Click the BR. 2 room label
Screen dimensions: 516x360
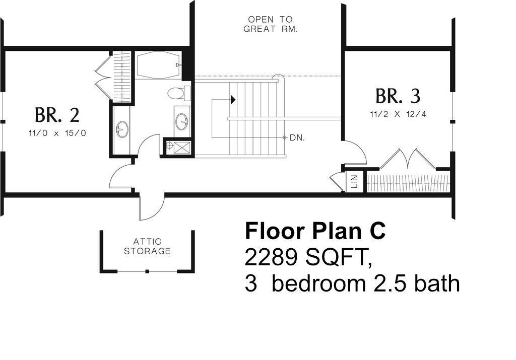tap(57, 115)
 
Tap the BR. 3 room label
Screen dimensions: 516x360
tap(398, 96)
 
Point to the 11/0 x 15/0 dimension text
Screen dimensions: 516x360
tap(57, 133)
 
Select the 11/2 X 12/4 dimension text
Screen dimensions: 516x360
tap(398, 114)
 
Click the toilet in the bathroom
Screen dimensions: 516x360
tap(179, 93)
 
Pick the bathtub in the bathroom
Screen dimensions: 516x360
tap(158, 65)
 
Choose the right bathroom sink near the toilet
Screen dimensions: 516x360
tap(181, 121)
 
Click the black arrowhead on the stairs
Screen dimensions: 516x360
tap(233, 99)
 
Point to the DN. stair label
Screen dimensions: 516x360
tap(297, 138)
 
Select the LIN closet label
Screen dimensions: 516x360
tap(354, 181)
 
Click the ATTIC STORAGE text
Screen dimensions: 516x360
tap(147, 247)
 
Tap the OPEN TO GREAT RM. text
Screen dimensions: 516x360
tap(271, 24)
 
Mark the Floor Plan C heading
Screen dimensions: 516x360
tap(315, 231)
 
